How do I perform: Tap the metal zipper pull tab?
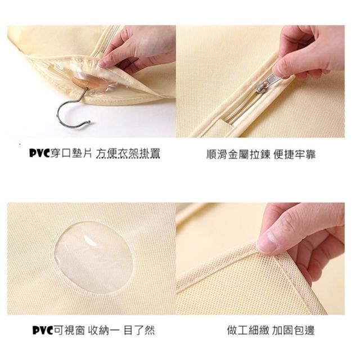pyautogui.click(x=269, y=83)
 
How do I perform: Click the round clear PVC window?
pyautogui.click(x=94, y=257)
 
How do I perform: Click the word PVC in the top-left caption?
pyautogui.click(x=39, y=153)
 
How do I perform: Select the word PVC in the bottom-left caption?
pyautogui.click(x=43, y=330)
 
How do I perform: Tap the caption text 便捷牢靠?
pyautogui.click(x=295, y=154)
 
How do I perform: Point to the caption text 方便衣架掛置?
pyautogui.click(x=128, y=154)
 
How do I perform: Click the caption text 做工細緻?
pyautogui.click(x=248, y=331)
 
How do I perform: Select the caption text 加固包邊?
pyautogui.click(x=293, y=331)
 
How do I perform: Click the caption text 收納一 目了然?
pyautogui.click(x=121, y=330)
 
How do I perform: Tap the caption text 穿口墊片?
pyautogui.click(x=71, y=154)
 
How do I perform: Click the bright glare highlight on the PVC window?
pyautogui.click(x=90, y=240)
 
